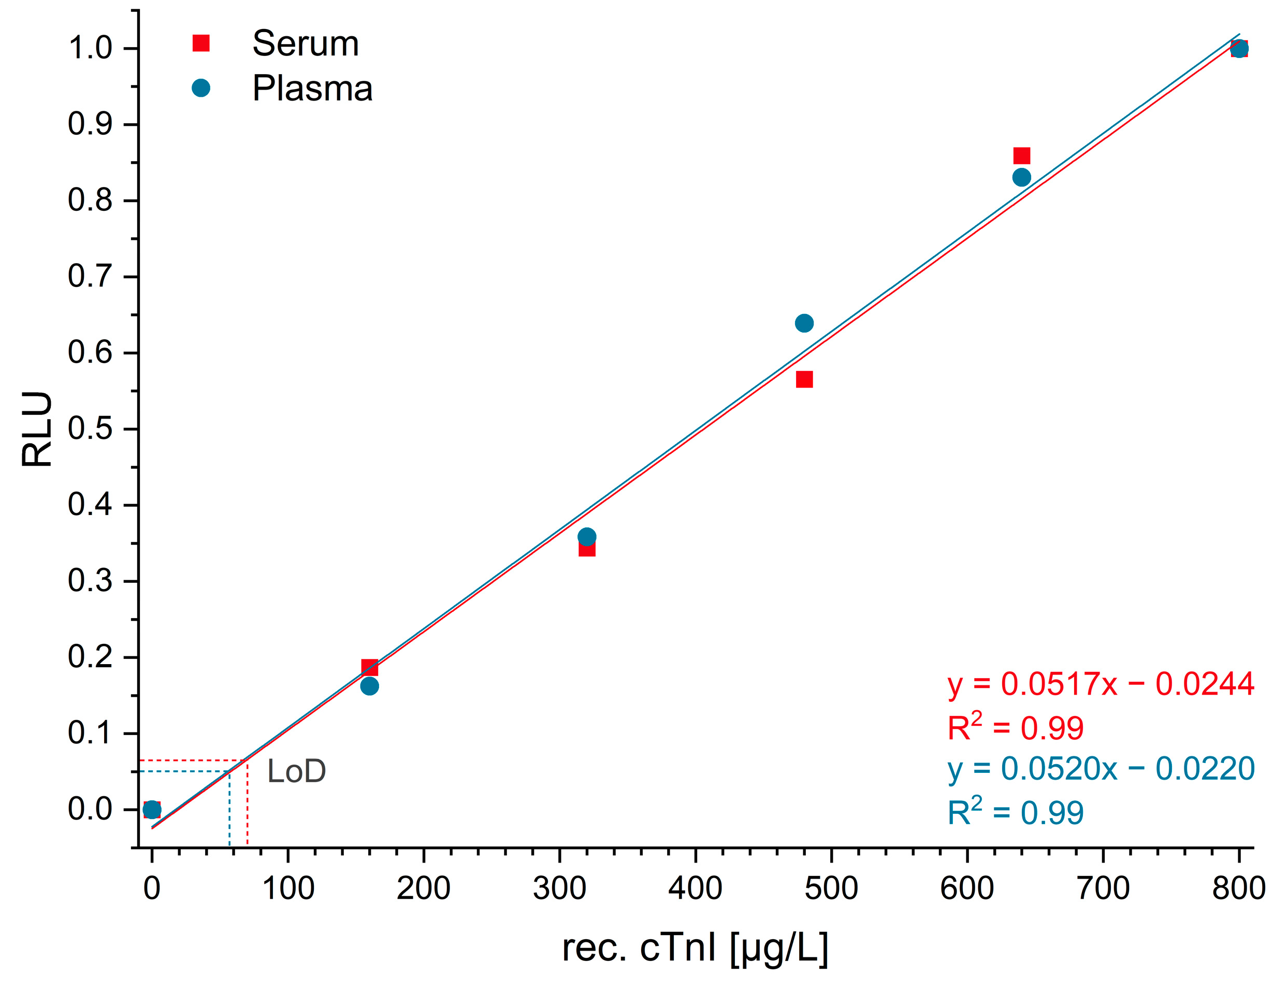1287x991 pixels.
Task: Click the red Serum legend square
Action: [x=201, y=44]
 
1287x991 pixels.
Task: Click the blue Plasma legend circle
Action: [x=201, y=89]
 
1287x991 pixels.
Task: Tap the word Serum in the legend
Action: [x=305, y=44]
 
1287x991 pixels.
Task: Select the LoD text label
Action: [x=296, y=771]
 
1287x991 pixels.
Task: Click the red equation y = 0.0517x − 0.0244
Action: [x=1101, y=684]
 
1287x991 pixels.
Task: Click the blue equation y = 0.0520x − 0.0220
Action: [x=1101, y=769]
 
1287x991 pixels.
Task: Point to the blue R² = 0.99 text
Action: [x=1015, y=812]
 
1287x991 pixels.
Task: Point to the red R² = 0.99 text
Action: [x=1015, y=727]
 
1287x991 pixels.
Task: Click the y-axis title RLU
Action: [x=37, y=429]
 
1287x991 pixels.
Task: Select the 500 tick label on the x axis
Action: [x=831, y=888]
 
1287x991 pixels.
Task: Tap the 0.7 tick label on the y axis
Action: [x=90, y=277]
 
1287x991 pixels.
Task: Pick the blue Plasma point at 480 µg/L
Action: [x=804, y=323]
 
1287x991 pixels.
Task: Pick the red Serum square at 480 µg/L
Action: [x=804, y=379]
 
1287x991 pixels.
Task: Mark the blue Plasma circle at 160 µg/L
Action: [x=369, y=686]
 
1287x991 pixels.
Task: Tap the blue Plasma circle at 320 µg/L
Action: [x=586, y=537]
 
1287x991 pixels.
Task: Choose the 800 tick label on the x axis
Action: [x=1239, y=888]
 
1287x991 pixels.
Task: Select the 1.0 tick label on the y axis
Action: [x=90, y=48]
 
